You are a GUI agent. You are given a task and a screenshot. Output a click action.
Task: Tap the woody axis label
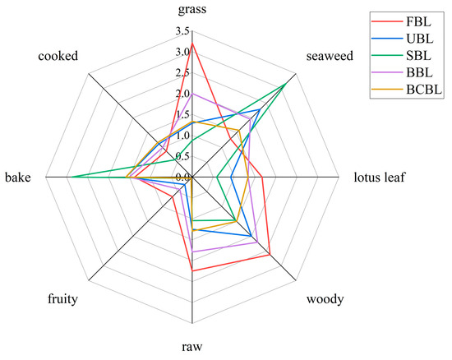tap(325, 299)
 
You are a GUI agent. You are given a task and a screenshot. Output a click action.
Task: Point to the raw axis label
tap(191, 348)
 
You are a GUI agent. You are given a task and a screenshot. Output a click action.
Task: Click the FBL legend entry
tap(415, 20)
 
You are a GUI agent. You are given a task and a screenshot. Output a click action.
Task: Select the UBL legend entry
tap(415, 38)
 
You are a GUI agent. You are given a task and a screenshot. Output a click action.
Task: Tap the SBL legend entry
tap(415, 56)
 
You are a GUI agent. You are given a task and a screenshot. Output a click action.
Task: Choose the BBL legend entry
tap(415, 74)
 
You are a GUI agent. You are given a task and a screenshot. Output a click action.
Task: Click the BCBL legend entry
tap(419, 92)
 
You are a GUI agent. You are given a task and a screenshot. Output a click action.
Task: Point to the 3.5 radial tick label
tap(181, 31)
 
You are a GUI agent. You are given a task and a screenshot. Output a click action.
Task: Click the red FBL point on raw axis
tap(191, 270)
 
